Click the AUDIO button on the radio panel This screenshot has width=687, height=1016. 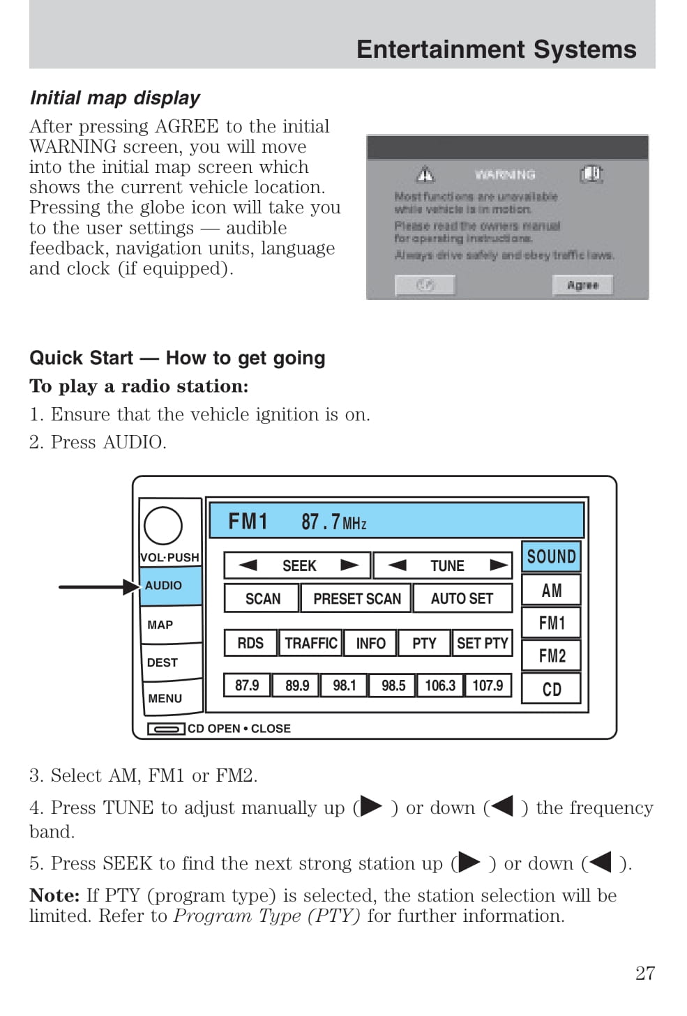[x=170, y=586]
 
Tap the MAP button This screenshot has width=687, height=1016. [x=170, y=625]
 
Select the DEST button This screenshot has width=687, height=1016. [x=170, y=662]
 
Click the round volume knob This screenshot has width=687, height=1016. [x=163, y=526]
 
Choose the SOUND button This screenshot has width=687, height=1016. [x=551, y=556]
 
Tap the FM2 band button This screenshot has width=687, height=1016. [x=551, y=655]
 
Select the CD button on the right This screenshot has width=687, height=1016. [x=551, y=689]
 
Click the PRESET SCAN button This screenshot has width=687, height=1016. [x=356, y=598]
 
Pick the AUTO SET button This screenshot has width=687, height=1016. [x=462, y=598]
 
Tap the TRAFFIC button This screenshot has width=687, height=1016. [x=311, y=643]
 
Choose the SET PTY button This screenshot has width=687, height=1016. [x=482, y=643]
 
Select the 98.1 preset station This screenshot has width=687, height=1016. [x=344, y=685]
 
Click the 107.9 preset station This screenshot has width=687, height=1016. [x=488, y=685]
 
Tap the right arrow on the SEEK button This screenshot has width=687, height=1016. [x=349, y=565]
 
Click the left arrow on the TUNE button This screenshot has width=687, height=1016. [x=398, y=565]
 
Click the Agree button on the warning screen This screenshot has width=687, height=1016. [x=582, y=285]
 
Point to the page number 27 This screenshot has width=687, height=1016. [x=644, y=973]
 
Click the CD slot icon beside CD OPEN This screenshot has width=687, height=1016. [x=166, y=729]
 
